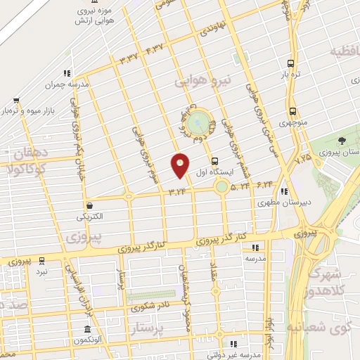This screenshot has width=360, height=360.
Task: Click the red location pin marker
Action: [180, 165]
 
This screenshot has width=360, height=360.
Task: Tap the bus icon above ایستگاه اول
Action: [214, 160]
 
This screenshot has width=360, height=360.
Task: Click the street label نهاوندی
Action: [213, 30]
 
